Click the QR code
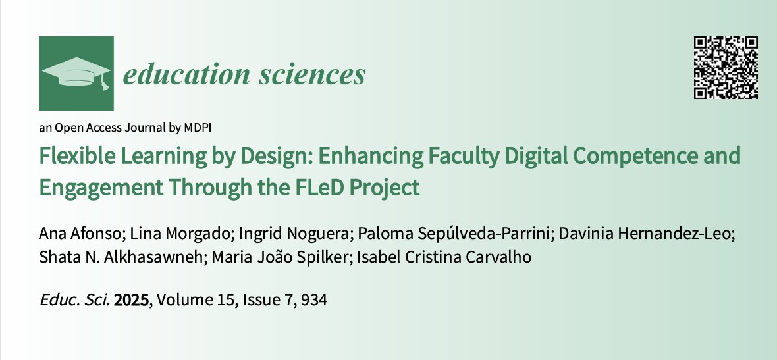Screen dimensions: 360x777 pyautogui.click(x=726, y=68)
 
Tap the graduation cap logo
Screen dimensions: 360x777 pyautogui.click(x=76, y=73)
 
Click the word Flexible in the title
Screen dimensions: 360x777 pyautogui.click(x=74, y=157)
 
